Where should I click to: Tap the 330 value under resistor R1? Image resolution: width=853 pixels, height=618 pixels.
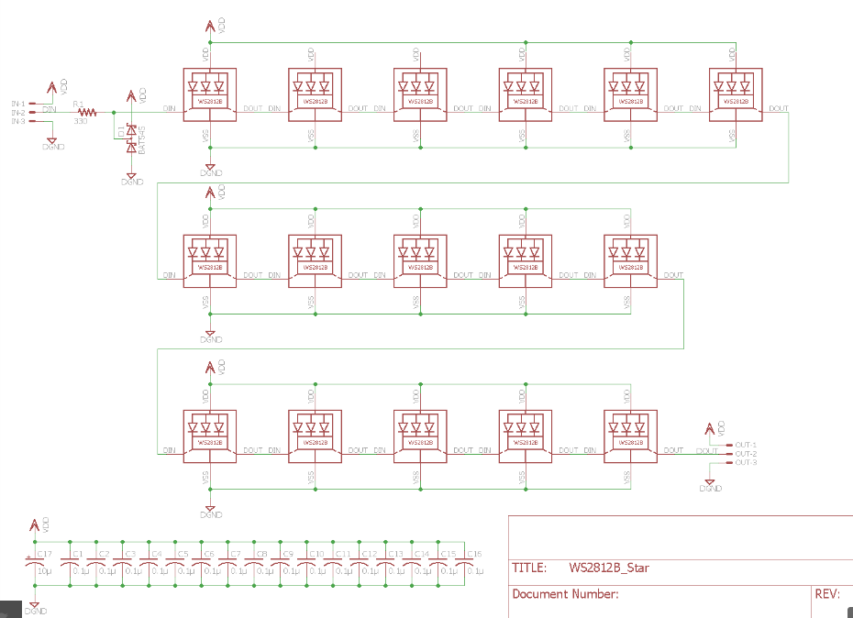click(81, 121)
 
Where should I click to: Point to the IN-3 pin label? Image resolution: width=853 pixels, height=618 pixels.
click(18, 121)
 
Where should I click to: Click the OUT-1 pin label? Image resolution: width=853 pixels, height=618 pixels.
click(746, 444)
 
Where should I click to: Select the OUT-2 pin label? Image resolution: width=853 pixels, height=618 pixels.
click(746, 453)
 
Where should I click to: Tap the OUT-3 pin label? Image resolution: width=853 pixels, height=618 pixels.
click(746, 462)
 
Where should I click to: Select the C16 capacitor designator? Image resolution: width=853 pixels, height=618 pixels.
click(474, 555)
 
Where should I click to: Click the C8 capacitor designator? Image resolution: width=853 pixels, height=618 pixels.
click(261, 555)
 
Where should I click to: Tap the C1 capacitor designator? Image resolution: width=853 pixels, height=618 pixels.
click(78, 555)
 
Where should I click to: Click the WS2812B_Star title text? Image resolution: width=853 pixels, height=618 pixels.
click(608, 568)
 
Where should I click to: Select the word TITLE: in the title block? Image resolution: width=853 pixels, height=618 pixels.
click(530, 568)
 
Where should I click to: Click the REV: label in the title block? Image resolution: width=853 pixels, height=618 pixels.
click(826, 594)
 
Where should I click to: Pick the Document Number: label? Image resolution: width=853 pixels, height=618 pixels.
click(565, 594)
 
